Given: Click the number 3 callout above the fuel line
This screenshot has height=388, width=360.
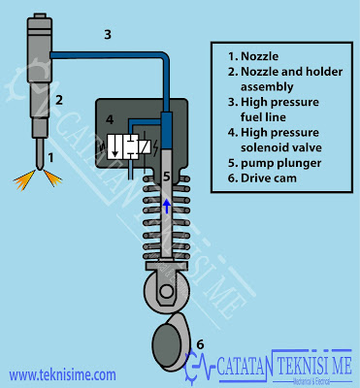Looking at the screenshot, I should [108, 35].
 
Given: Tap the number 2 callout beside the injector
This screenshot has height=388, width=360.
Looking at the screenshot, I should [58, 98].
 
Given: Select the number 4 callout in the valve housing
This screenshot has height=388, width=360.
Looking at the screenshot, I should [110, 121].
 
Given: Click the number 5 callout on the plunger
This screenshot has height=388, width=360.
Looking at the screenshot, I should [166, 178].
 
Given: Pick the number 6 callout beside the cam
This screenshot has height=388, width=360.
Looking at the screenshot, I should [201, 342].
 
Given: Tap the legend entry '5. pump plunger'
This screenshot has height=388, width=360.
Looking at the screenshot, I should [270, 163].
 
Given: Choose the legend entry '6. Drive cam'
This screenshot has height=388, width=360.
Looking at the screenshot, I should [265, 179].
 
